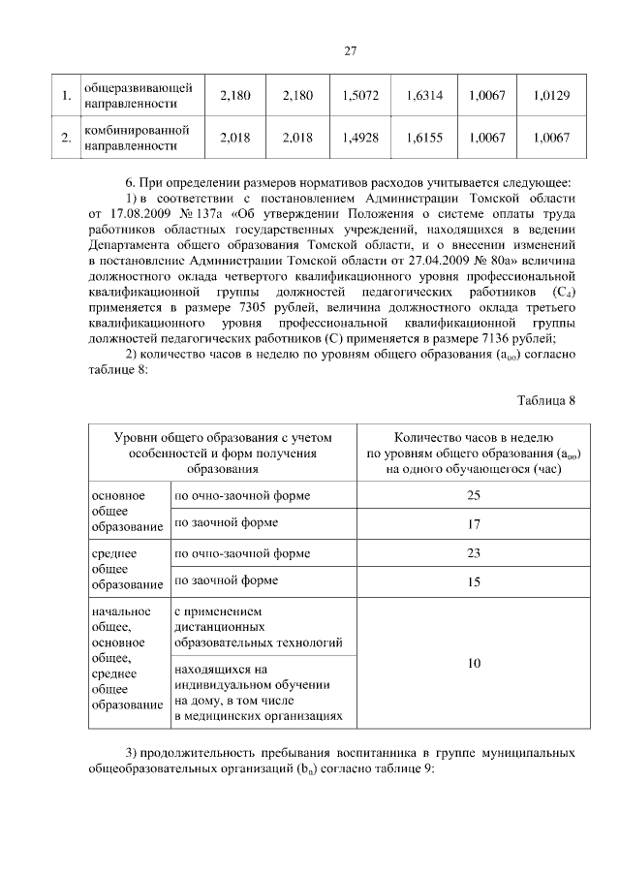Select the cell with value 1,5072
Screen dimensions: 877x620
360,96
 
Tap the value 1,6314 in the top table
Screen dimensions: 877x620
423,96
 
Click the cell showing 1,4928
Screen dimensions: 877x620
360,138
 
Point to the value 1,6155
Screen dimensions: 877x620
423,138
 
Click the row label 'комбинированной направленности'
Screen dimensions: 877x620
137,138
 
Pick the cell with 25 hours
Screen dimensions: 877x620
474,495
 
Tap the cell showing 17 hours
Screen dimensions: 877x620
474,523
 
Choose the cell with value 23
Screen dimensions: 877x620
474,553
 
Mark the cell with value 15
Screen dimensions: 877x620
474,581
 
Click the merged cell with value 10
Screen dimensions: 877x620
474,665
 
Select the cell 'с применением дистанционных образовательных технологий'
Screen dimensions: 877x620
258,626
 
